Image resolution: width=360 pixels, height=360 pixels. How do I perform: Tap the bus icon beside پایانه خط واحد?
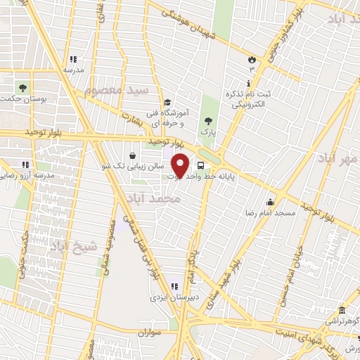(202, 167)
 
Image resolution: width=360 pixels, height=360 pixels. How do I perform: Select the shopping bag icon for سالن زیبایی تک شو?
(134, 155)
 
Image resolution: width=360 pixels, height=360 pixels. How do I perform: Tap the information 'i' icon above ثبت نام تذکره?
(250, 83)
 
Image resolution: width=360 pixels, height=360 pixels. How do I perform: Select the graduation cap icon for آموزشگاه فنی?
(167, 102)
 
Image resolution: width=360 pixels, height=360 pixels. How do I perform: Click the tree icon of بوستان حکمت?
(23, 89)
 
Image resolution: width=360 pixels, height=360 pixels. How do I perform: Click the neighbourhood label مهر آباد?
(338, 160)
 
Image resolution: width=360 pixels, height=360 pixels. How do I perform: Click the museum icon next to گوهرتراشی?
(342, 310)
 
